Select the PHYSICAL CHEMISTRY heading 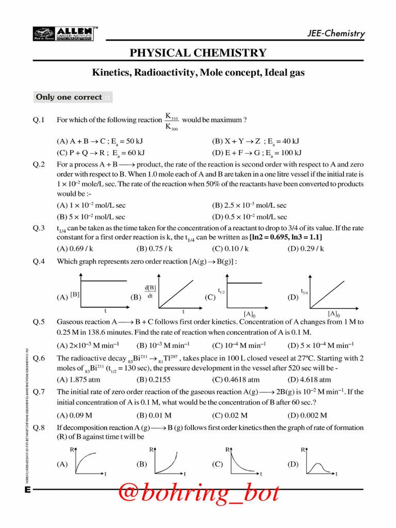(x=198, y=53)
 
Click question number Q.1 (x=40, y=120)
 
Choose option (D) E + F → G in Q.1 (x=256, y=153)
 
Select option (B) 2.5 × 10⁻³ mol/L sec (x=249, y=205)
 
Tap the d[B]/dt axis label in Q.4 (x=150, y=291)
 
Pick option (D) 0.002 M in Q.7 (x=307, y=415)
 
